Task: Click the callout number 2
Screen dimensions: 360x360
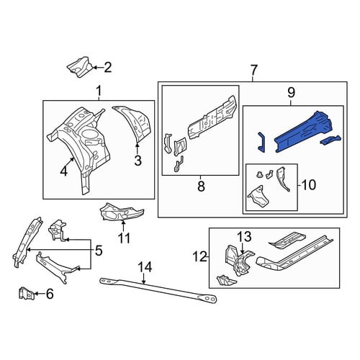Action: pos(107,68)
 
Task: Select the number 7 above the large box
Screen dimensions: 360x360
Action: pos(253,71)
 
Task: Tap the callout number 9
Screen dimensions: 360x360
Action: pos(291,93)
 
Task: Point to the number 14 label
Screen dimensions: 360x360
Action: pos(145,267)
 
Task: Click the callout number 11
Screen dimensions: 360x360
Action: pos(125,238)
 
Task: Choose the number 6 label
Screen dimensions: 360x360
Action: pos(50,294)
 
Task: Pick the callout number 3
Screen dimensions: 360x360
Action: pos(138,161)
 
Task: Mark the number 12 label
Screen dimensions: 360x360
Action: pos(200,257)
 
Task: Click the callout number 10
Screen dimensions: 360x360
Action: pos(308,185)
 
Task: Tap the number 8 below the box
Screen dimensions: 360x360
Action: pos(201,186)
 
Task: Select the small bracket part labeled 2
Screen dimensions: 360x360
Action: pos(80,67)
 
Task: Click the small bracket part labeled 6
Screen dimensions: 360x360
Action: pos(27,293)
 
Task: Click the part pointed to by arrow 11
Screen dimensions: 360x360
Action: pos(121,212)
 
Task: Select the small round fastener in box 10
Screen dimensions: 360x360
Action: pos(259,174)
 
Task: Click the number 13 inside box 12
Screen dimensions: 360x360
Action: pos(244,237)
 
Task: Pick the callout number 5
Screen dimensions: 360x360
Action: pos(99,251)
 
